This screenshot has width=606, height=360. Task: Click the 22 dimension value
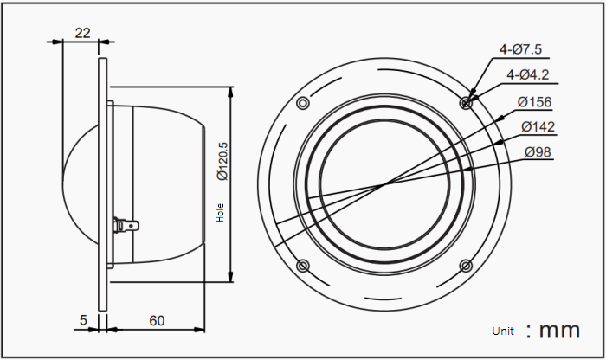pyautogui.click(x=83, y=33)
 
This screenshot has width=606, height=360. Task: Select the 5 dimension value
pyautogui.click(x=83, y=320)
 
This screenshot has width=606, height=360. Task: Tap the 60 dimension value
pyautogui.click(x=157, y=320)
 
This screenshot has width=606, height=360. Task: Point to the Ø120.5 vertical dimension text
pyautogui.click(x=223, y=161)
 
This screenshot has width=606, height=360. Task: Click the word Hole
pyautogui.click(x=220, y=213)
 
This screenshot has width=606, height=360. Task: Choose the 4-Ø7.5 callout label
pyautogui.click(x=520, y=49)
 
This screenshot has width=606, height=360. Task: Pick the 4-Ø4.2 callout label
pyautogui.click(x=527, y=74)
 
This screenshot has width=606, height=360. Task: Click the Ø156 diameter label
pyautogui.click(x=534, y=102)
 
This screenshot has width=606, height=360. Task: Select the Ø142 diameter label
pyautogui.click(x=538, y=126)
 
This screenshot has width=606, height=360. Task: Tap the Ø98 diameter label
pyautogui.click(x=538, y=152)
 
